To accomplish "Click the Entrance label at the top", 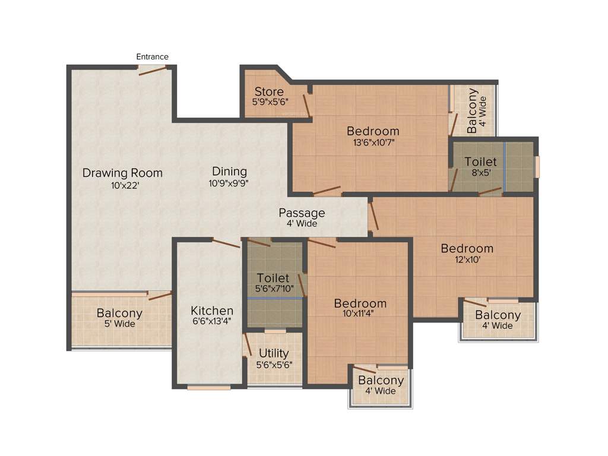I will click(153, 56).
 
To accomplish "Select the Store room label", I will click(269, 91).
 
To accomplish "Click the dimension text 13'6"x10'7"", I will click(373, 142).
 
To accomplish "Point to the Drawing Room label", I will click(122, 173).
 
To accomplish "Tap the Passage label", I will click(302, 213).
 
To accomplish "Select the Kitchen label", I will click(212, 311).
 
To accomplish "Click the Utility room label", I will click(274, 354).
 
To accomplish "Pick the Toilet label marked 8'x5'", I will click(480, 161).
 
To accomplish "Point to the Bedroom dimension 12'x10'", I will click(467, 259).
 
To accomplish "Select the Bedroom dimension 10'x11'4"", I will click(360, 313).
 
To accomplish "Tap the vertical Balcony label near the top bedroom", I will click(473, 110).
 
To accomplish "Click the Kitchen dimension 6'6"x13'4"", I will click(212, 321).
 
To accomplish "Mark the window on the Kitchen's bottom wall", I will click(209, 388).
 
